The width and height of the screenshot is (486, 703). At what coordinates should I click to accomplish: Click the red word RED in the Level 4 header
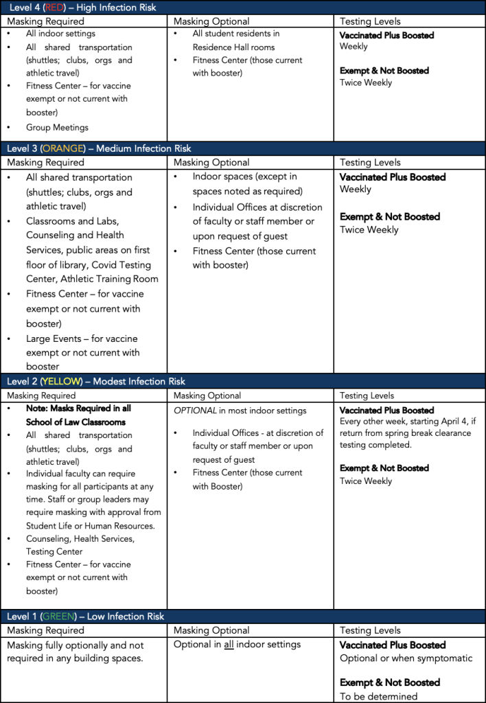point(55,8)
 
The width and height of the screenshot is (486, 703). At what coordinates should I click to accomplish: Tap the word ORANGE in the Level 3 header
point(64,148)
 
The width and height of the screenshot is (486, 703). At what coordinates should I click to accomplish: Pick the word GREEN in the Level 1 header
point(59,616)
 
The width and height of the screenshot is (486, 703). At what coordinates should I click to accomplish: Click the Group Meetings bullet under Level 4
point(57,127)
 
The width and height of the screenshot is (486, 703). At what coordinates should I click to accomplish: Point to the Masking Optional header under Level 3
point(211,163)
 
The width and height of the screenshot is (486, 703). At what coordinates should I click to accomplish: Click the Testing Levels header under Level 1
point(370,630)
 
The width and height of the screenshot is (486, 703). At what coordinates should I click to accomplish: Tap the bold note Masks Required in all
point(79,408)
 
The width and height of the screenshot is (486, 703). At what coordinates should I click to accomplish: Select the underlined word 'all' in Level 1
point(229,645)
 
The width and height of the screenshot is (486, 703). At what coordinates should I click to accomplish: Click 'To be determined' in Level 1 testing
point(378,696)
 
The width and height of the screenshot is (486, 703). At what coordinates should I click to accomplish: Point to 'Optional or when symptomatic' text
point(406,658)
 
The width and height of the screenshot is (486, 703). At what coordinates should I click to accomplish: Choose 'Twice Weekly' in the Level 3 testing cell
point(369,230)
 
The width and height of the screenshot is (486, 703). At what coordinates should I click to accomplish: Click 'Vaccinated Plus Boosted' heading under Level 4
point(386,35)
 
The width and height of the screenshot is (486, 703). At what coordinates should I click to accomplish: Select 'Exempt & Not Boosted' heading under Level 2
point(384,468)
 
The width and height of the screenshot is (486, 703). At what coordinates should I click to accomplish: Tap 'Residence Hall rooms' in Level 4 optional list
point(233,47)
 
